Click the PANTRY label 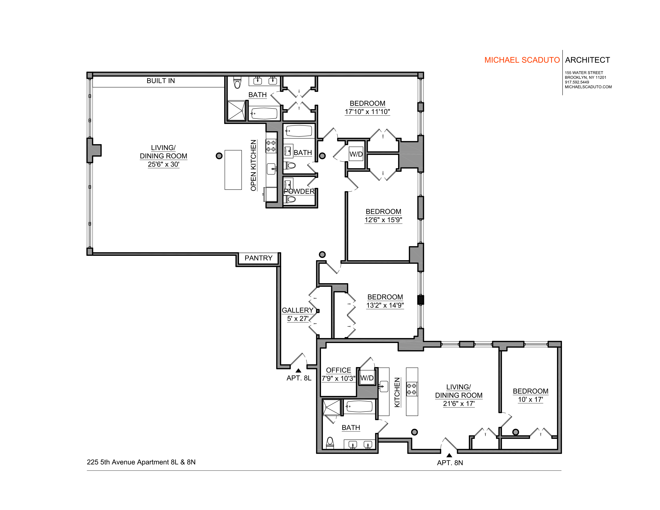click(x=258, y=258)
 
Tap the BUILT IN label click(x=161, y=81)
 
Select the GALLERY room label click(x=297, y=310)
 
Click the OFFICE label click(x=338, y=370)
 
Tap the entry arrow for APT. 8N click(x=449, y=455)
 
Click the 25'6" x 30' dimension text click(x=163, y=164)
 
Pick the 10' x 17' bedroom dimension click(x=530, y=399)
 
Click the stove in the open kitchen click(x=271, y=146)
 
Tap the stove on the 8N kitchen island click(x=412, y=389)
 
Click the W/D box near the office click(x=367, y=378)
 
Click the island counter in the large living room click(x=233, y=170)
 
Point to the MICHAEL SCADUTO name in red click(x=522, y=60)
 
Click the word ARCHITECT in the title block click(x=587, y=60)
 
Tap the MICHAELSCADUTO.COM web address click(x=588, y=87)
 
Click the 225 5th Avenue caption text click(x=141, y=462)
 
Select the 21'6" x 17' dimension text click(x=459, y=404)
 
